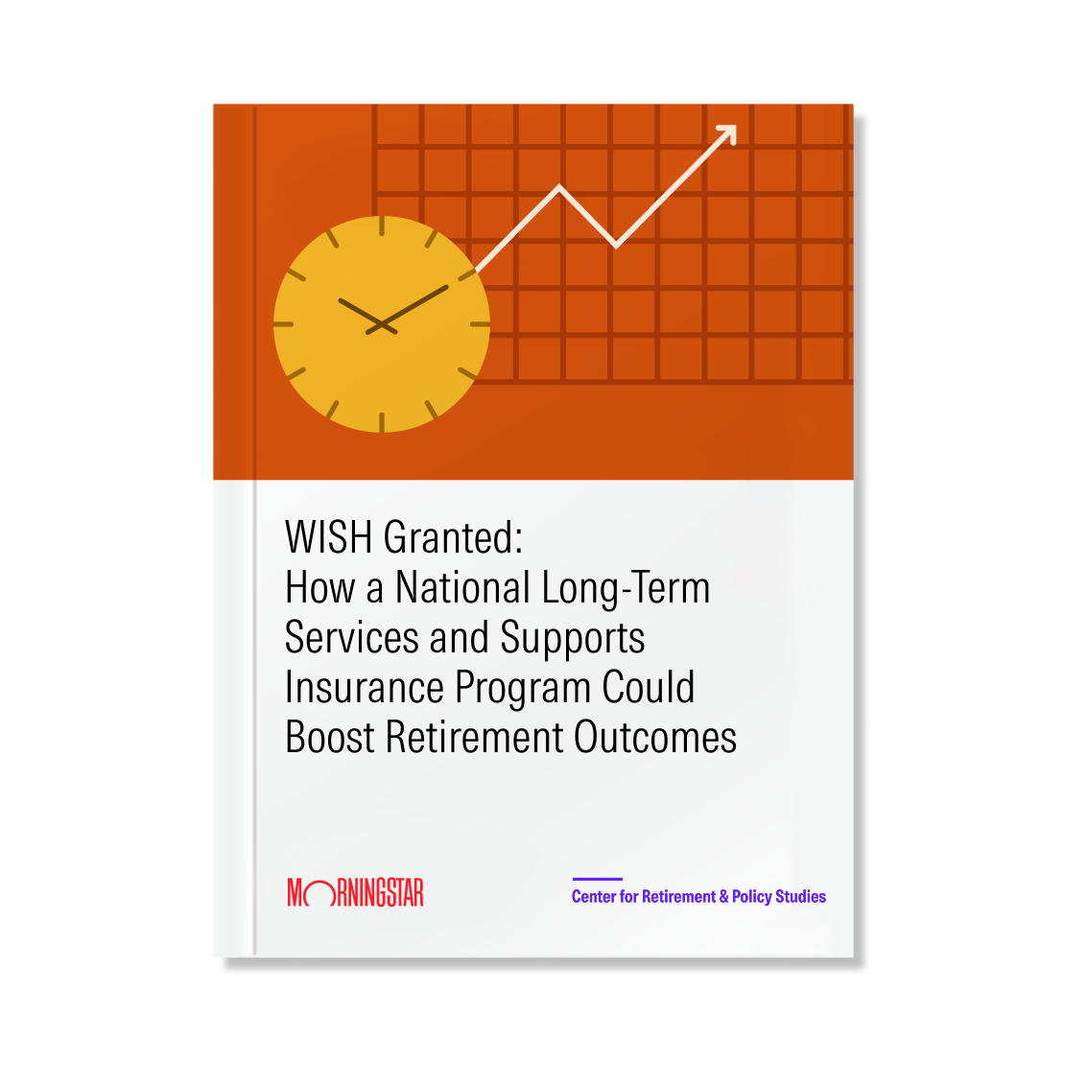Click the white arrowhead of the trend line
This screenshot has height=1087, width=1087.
point(728,133)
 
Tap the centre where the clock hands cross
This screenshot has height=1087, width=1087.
point(382,324)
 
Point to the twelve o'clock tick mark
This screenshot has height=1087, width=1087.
point(382,226)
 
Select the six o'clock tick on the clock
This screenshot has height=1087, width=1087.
point(382,422)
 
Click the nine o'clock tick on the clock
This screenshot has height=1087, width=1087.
point(284,324)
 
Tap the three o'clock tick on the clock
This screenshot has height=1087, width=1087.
point(481,324)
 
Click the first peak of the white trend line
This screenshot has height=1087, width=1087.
point(559,187)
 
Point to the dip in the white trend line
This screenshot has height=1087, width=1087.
point(616,244)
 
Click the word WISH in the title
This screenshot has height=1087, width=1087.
point(329,537)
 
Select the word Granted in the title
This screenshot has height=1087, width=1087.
point(450,537)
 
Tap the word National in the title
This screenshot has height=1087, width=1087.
point(462,587)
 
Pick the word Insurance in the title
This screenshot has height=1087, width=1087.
point(365,687)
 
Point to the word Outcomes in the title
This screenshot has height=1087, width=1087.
point(655,737)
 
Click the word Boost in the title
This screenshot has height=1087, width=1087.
point(330,737)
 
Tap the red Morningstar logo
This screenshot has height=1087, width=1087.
point(356,892)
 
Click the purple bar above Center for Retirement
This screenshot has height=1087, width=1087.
point(598,879)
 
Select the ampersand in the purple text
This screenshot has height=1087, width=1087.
point(723,896)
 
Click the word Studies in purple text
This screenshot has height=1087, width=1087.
point(801,896)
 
